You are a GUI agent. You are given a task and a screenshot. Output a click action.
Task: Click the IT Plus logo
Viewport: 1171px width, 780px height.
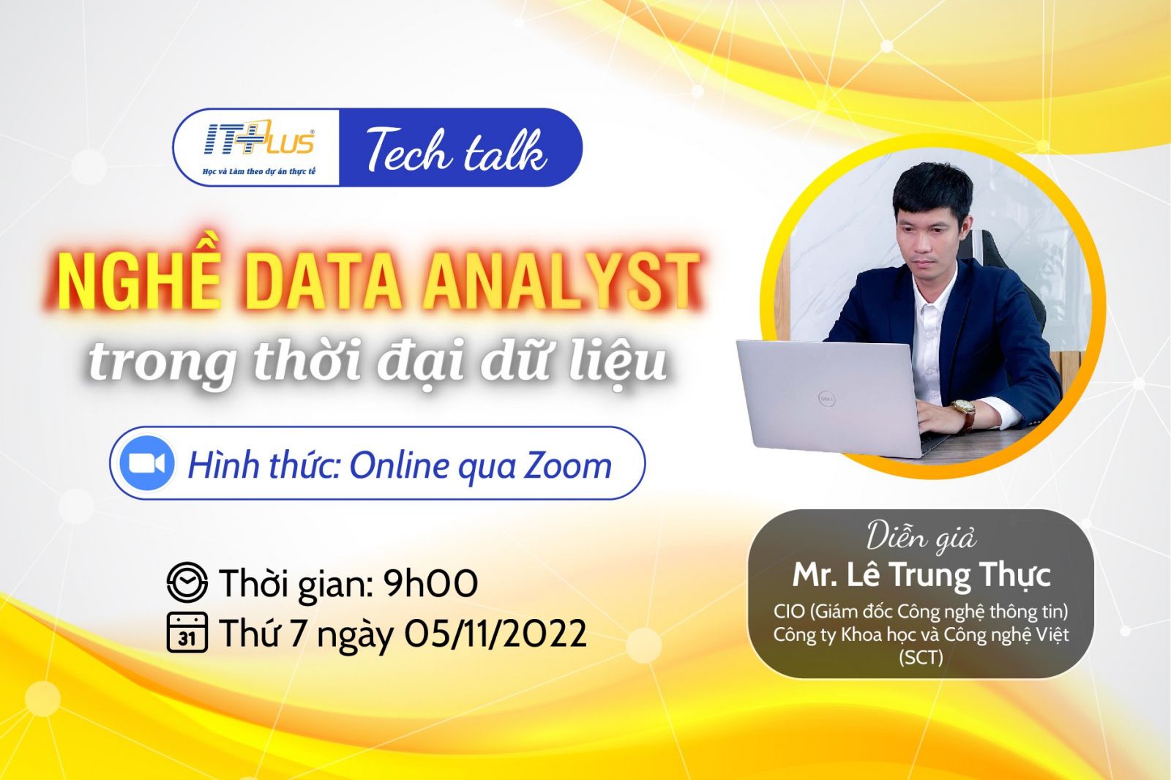tap(259, 138)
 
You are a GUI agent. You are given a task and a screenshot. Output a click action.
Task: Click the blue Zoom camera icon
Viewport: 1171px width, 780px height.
tap(147, 463)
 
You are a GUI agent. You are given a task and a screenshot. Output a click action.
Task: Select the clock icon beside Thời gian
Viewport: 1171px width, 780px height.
tap(187, 582)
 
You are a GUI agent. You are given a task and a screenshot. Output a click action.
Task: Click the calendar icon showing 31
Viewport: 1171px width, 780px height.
tap(187, 633)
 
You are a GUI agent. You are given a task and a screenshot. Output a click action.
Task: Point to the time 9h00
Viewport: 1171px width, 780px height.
tap(430, 583)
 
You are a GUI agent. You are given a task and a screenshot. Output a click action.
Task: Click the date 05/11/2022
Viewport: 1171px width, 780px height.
tap(495, 634)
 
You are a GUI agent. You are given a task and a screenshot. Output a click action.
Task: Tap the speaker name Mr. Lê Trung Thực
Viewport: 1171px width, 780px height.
tap(921, 576)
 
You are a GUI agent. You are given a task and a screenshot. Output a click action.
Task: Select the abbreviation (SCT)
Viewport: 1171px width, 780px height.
tap(921, 657)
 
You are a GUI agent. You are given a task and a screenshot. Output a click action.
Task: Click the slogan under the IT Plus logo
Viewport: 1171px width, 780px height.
tap(259, 171)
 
